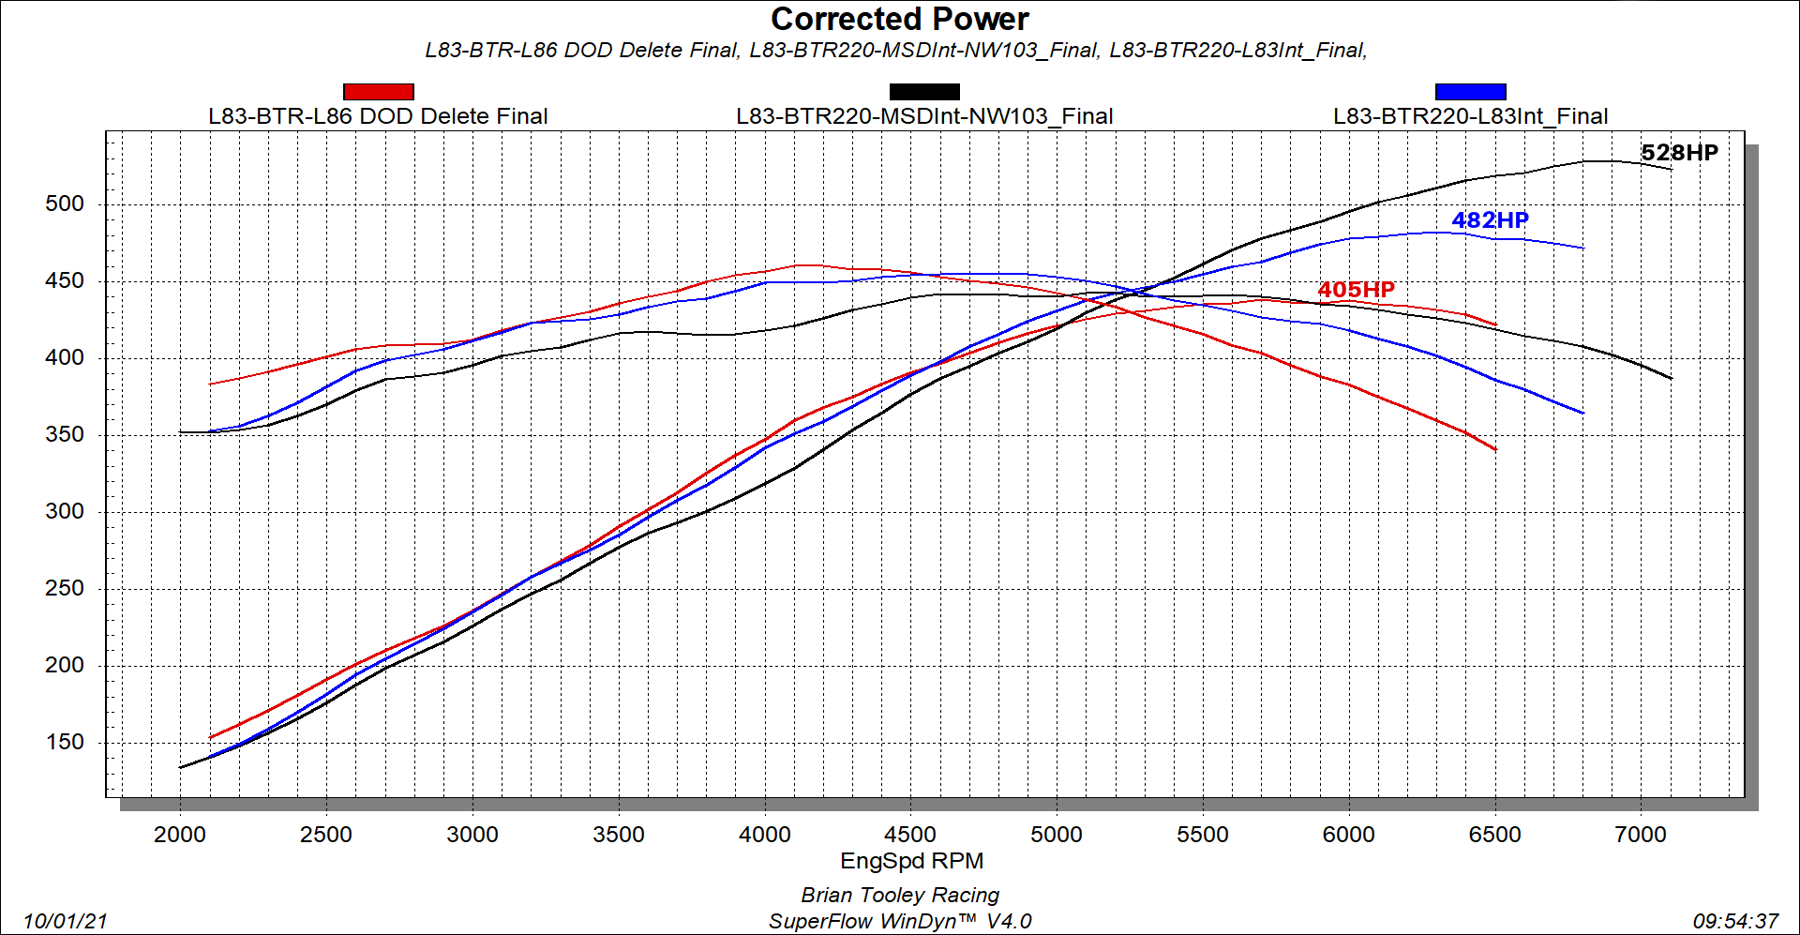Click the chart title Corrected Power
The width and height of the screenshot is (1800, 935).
899,20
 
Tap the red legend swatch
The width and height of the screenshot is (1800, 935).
378,91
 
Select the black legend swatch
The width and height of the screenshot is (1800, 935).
923,91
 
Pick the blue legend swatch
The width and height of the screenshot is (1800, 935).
1470,91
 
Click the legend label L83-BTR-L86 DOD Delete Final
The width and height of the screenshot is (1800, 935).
378,116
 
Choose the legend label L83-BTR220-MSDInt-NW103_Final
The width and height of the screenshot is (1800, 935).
924,116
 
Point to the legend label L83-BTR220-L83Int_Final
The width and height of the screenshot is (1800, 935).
1470,116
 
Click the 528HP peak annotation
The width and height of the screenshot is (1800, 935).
1679,153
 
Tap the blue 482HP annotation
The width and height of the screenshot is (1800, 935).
1490,220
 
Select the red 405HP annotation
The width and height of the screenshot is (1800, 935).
1356,290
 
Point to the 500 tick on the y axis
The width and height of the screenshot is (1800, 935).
65,204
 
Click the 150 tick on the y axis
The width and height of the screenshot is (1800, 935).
65,742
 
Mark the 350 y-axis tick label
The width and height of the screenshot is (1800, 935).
65,434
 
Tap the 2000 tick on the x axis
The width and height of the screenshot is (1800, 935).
180,835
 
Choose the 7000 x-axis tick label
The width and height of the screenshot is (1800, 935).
1641,835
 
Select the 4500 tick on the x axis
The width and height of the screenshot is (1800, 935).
910,835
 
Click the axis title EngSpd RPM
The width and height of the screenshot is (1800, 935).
911,861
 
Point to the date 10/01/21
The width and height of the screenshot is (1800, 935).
66,921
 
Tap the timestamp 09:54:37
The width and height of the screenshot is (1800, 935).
1735,921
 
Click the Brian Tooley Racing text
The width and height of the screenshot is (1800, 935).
900,895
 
